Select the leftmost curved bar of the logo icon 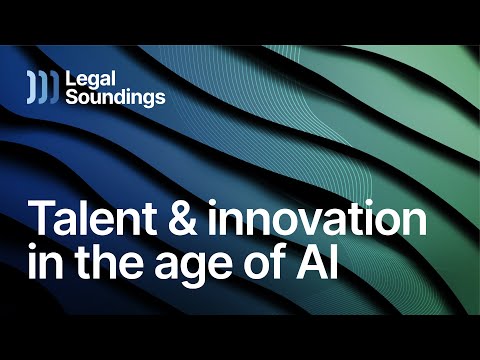click(31, 87)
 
